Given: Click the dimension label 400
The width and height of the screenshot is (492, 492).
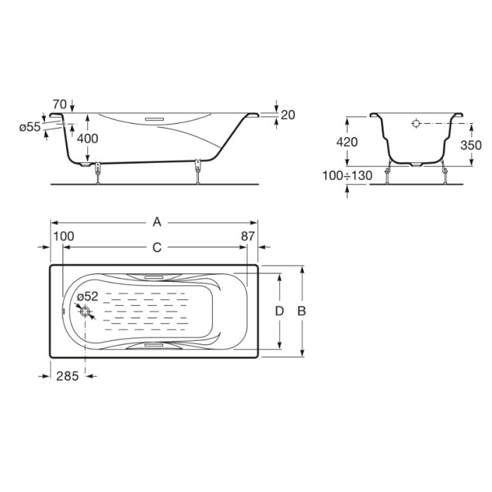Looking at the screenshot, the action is click(88, 138).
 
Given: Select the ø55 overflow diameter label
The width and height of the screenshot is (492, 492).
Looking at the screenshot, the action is click(30, 127).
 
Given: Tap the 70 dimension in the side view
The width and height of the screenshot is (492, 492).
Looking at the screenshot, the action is click(60, 104).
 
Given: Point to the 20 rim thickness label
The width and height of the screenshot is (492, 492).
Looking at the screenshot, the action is click(287, 115).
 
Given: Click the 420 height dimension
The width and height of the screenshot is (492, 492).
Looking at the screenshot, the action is click(347, 142).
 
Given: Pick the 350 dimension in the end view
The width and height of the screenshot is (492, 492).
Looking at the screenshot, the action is click(471, 145).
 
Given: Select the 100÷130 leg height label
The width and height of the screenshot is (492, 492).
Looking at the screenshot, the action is click(347, 176).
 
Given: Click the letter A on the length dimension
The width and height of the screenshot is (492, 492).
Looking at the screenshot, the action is click(157, 223).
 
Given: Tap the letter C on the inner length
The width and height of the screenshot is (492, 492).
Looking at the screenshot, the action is click(157, 247).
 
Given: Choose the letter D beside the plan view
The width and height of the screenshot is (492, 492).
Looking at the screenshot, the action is click(279, 311).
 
